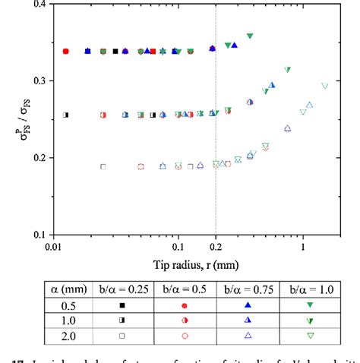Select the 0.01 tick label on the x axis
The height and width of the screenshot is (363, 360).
coord(53,248)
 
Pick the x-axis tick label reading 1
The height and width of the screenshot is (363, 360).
coord(303,248)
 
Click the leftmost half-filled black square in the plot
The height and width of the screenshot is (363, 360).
coord(66,115)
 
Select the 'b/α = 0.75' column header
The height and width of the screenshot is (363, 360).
coord(248,289)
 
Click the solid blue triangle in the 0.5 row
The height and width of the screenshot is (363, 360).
coord(248,305)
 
